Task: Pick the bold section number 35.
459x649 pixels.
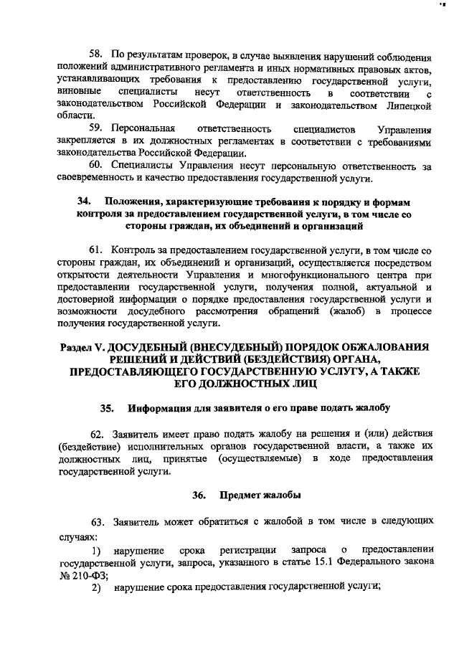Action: point(108,408)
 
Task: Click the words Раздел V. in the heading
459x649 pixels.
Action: point(81,347)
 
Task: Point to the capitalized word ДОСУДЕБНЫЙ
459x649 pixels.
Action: point(146,347)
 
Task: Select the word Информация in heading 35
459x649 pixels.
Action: point(160,408)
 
